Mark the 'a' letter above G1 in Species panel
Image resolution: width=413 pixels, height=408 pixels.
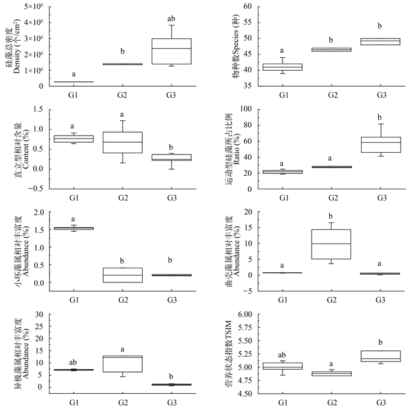click(283, 51)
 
